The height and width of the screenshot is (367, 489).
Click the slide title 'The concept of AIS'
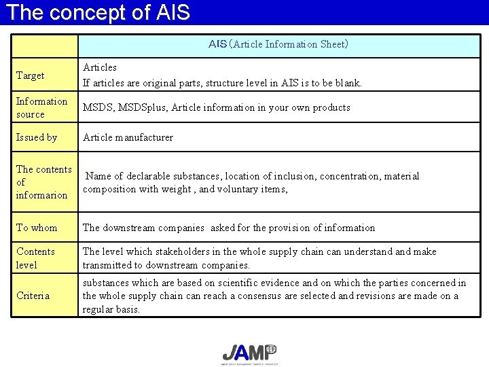click(97, 12)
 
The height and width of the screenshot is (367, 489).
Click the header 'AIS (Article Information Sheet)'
click(278, 45)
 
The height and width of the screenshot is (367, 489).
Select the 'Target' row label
click(30, 75)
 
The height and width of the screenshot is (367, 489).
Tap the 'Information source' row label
click(41, 107)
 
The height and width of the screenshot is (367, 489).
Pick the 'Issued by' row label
click(37, 137)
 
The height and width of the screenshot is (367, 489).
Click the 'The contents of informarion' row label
click(43, 182)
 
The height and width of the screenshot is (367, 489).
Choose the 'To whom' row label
click(37, 228)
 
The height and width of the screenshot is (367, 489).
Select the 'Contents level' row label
click(35, 258)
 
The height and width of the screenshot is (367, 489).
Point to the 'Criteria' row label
click(33, 296)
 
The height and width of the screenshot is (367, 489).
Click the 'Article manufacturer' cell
click(128, 137)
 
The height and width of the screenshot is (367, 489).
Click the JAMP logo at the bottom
click(249, 353)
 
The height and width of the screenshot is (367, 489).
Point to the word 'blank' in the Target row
click(347, 83)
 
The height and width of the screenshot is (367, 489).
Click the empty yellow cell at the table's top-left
click(45, 45)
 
